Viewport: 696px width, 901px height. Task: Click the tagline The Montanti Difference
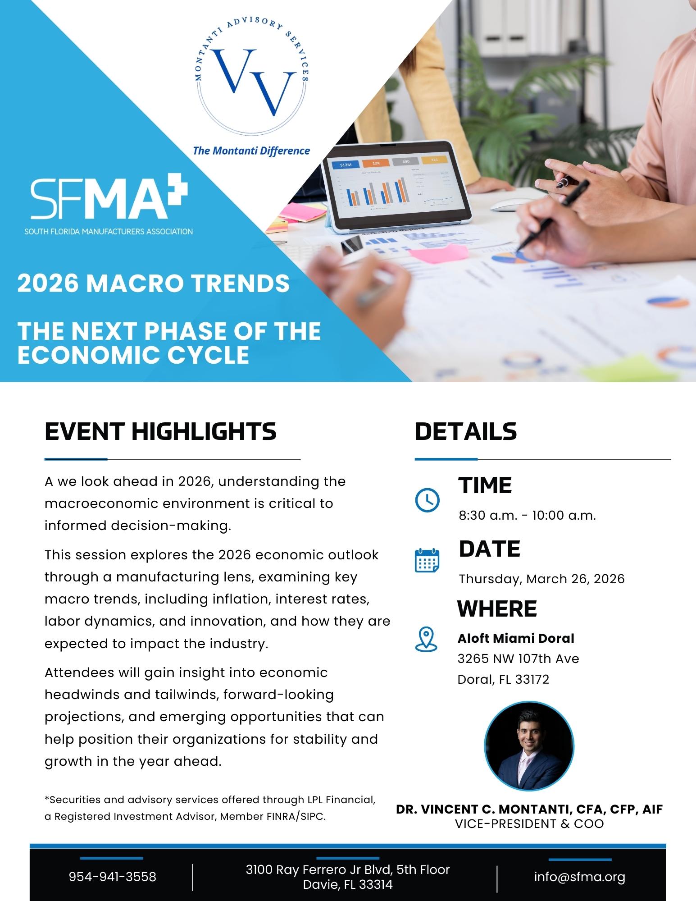(x=251, y=151)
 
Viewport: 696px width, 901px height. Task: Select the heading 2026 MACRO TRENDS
(x=153, y=284)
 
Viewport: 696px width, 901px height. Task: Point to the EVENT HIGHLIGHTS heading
(x=160, y=431)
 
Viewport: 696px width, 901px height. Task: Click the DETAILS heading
(x=466, y=431)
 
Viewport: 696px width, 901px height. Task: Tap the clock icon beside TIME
(x=427, y=500)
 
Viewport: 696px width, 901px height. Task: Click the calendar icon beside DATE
(x=427, y=560)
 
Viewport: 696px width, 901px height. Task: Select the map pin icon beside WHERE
(x=426, y=639)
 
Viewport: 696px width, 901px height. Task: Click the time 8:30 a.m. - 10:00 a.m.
(x=527, y=515)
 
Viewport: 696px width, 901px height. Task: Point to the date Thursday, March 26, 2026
(x=541, y=579)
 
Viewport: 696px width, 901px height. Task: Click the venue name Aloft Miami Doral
(x=516, y=638)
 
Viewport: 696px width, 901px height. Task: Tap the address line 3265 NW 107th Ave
(x=518, y=659)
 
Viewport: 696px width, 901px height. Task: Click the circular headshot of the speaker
(x=529, y=745)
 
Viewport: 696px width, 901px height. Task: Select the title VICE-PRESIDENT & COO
(x=529, y=824)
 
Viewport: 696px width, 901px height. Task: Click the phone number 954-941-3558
(x=113, y=877)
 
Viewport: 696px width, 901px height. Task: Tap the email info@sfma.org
(x=580, y=877)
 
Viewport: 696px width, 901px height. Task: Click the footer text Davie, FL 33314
(x=348, y=884)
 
